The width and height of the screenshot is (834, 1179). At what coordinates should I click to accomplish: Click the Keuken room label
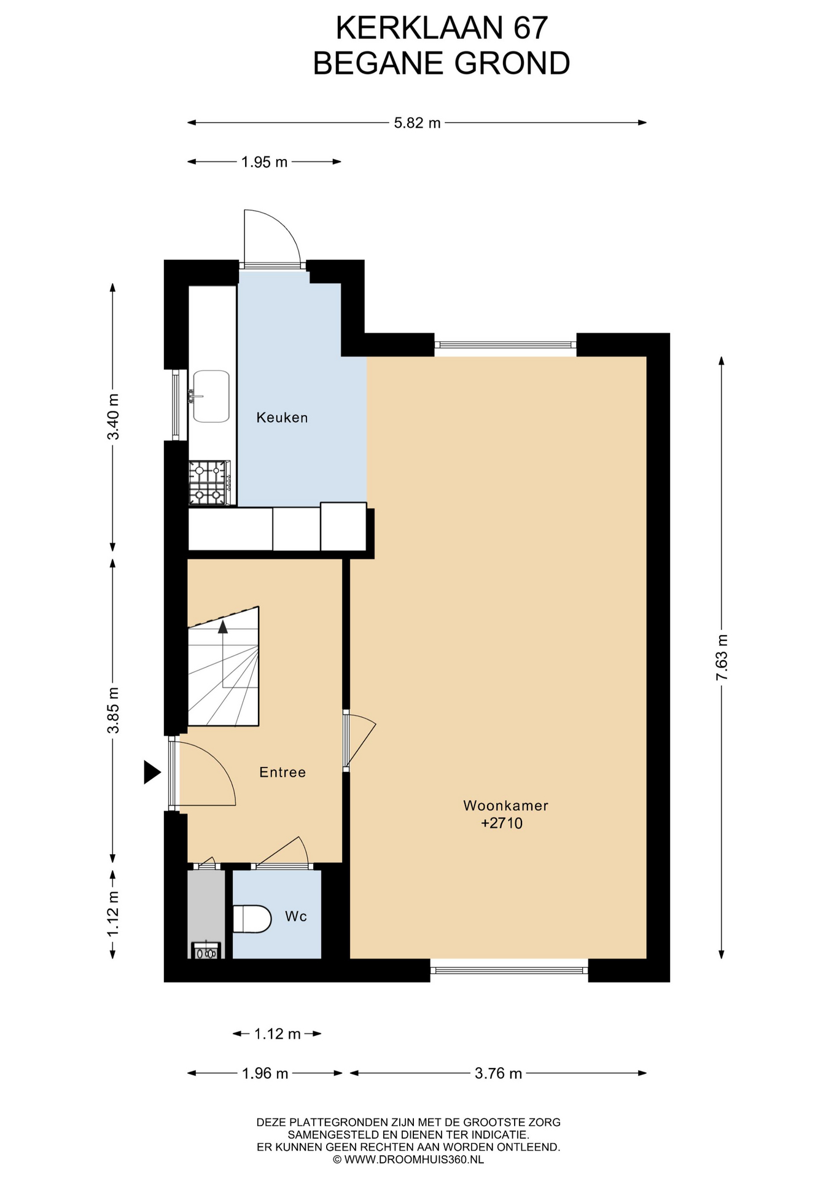[x=282, y=418]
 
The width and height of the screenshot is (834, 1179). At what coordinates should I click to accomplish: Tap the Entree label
[x=283, y=772]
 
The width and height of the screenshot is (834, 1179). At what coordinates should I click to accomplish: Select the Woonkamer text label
[x=505, y=805]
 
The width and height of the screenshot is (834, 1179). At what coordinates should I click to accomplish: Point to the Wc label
[x=296, y=916]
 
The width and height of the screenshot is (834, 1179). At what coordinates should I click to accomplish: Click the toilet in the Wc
[x=252, y=919]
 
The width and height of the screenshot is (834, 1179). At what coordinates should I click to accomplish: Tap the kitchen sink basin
[x=211, y=396]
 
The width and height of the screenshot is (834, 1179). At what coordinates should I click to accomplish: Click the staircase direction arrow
[x=223, y=626]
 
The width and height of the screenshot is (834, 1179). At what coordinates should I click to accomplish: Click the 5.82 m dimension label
[x=417, y=123]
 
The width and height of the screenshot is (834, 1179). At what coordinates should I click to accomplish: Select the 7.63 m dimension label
[x=722, y=656]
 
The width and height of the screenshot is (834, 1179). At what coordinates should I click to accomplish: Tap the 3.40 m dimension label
[x=113, y=416]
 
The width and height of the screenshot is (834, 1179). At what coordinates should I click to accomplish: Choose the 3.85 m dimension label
[x=113, y=710]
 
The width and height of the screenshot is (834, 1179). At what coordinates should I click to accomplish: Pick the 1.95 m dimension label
[x=264, y=162]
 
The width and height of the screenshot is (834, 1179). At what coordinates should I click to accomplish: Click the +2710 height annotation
[x=502, y=823]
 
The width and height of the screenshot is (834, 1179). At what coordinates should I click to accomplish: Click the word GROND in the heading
[x=512, y=63]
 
